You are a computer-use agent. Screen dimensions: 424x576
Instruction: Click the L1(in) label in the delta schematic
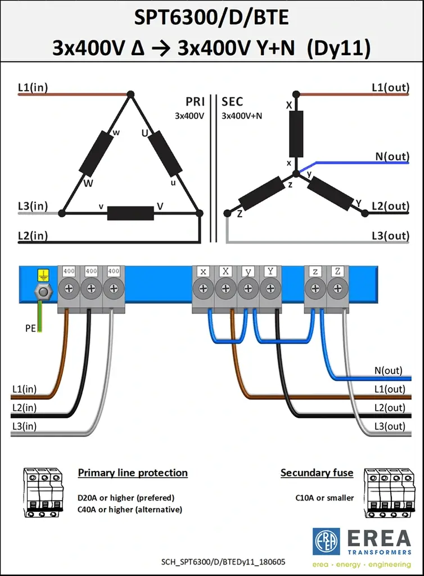tap(33, 87)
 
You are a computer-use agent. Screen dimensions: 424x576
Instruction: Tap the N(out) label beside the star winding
tap(392, 156)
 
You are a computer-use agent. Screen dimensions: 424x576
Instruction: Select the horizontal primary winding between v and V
tap(130, 213)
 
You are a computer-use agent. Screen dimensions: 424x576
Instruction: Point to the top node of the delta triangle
tap(130, 94)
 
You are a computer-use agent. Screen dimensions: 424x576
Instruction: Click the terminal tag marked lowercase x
tap(203, 272)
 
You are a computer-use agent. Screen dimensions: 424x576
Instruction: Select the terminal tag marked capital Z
tap(337, 272)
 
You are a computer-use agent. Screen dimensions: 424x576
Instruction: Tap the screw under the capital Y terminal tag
tap(270, 289)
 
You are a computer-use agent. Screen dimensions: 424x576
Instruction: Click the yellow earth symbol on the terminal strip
tap(43, 275)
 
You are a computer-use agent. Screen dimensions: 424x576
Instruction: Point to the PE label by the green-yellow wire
tap(30, 328)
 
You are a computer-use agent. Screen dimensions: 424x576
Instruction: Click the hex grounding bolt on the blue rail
tap(43, 292)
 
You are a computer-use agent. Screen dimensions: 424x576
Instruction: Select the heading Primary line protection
tap(133, 472)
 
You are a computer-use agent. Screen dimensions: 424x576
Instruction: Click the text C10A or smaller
tap(324, 498)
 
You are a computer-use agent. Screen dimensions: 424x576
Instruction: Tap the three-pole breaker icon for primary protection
tap(43, 493)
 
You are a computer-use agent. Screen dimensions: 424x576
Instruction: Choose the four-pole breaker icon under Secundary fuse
tap(389, 493)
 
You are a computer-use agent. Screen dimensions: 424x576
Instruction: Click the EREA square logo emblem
tap(326, 542)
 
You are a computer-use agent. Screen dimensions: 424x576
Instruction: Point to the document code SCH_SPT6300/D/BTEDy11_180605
tap(223, 562)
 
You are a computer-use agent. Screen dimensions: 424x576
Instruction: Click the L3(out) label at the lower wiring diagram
tap(390, 426)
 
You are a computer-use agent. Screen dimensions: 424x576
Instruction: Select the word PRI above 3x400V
tap(195, 102)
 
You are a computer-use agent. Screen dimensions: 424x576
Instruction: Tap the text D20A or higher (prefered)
tap(126, 498)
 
